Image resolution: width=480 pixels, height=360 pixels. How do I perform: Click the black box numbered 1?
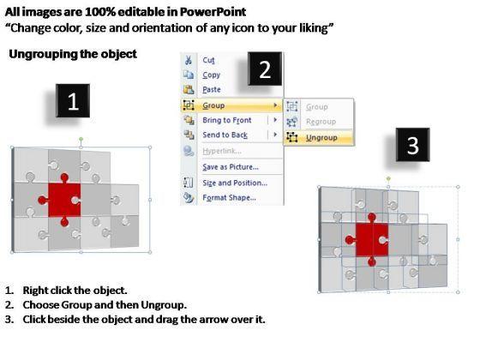[x=73, y=101]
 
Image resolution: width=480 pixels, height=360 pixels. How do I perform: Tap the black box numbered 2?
[x=265, y=69]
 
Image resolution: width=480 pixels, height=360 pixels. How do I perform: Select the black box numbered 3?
[x=412, y=145]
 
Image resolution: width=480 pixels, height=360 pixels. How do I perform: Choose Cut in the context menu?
[x=208, y=60]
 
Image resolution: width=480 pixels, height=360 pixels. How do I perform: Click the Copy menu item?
[x=211, y=75]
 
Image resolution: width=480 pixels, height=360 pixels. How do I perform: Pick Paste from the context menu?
[x=212, y=89]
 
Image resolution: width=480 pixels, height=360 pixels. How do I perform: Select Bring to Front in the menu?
[x=227, y=120]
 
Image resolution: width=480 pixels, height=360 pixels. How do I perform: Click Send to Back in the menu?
[x=225, y=135]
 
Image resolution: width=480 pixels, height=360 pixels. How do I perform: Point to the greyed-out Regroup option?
[x=321, y=122]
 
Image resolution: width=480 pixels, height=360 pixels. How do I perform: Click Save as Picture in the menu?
[x=231, y=167]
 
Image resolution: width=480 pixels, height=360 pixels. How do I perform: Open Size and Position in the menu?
[x=235, y=183]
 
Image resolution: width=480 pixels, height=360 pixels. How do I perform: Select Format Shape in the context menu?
[x=230, y=198]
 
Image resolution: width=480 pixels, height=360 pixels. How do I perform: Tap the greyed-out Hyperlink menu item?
[x=222, y=151]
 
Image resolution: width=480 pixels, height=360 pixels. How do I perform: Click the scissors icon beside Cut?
[x=189, y=60]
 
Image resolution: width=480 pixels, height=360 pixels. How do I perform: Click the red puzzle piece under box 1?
[x=63, y=201]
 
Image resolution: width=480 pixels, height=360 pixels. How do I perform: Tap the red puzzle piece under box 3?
[x=370, y=240]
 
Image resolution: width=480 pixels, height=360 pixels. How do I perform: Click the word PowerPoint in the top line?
[x=213, y=12]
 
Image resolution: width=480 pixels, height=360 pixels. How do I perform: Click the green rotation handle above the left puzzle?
[x=81, y=139]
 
